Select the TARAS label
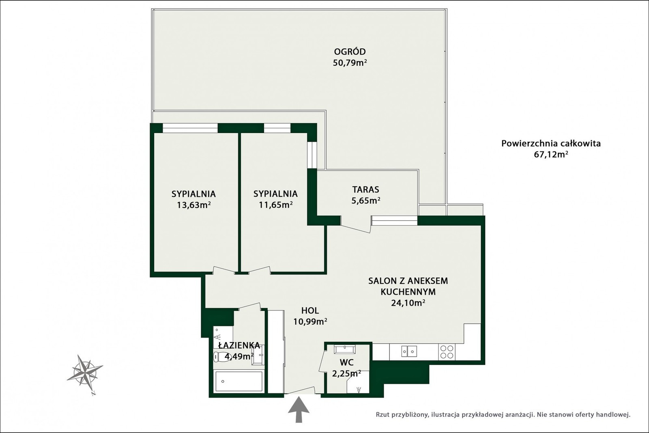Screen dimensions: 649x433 coord(365,190)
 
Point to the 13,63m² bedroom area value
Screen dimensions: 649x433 coord(193,205)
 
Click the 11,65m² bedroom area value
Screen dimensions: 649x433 coord(275,205)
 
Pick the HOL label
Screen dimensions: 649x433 coord(310,311)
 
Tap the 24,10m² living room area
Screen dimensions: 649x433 coord(408,303)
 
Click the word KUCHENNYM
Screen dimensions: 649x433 coord(408,292)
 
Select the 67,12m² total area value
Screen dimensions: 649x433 coord(551,155)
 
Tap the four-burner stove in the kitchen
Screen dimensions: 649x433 coord(447,352)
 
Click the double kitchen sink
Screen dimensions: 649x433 coord(409,351)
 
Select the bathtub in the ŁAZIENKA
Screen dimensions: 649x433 coord(239,381)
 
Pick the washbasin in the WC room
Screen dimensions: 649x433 coord(344,349)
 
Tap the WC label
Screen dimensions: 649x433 coord(346,362)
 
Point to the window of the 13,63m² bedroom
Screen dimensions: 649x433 coord(190,128)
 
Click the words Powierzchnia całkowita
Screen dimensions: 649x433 coord(551,144)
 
